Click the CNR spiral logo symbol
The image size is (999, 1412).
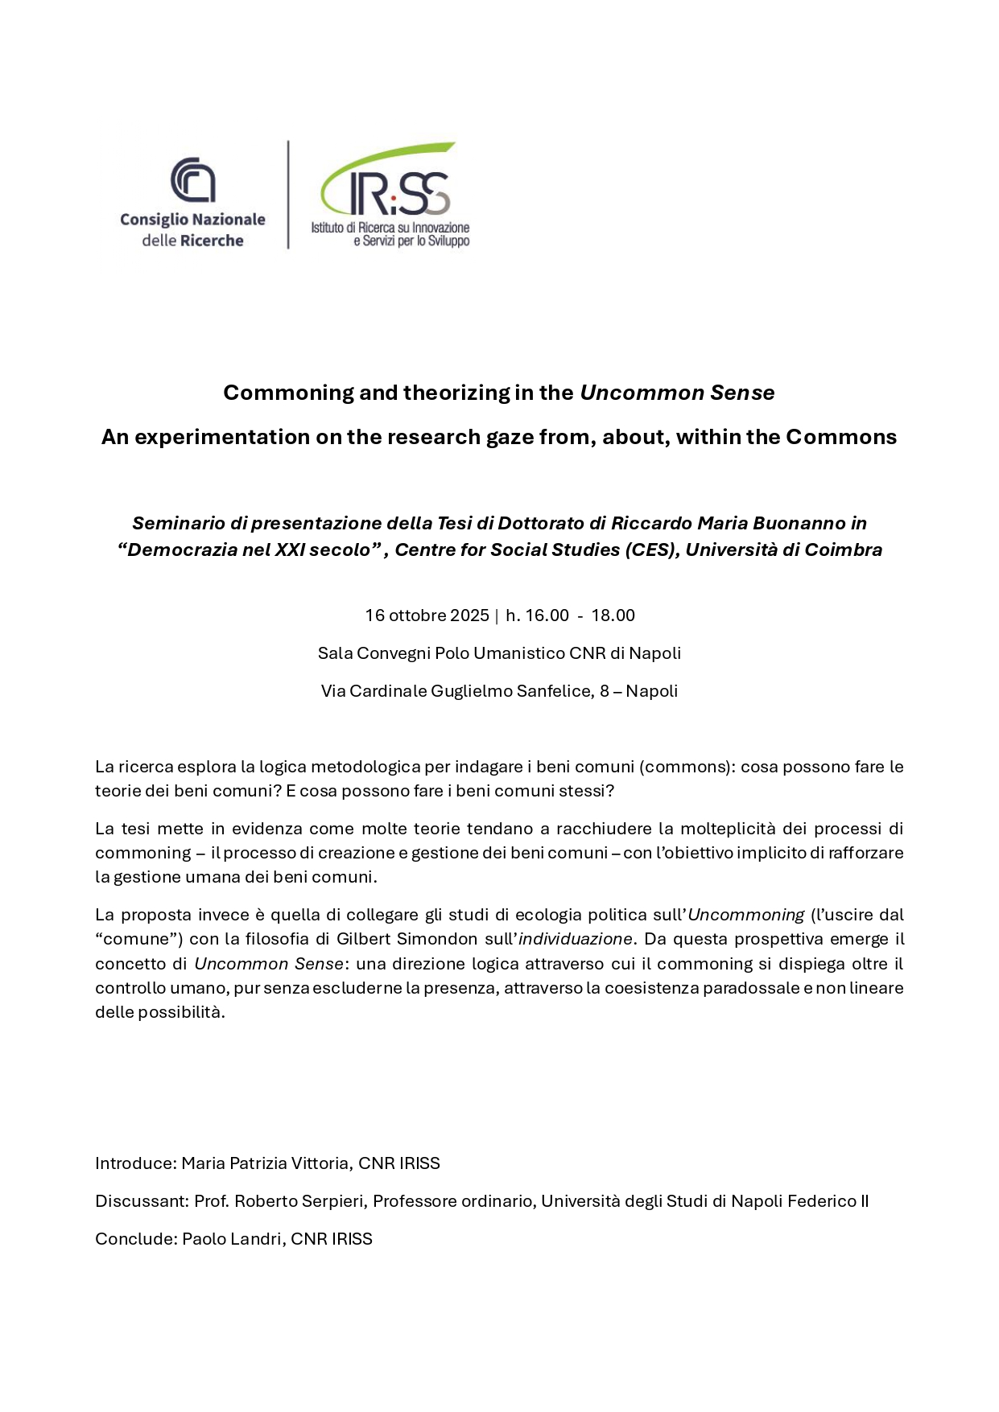[x=193, y=179]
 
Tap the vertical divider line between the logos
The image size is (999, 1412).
[x=288, y=195]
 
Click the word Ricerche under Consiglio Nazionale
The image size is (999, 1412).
[x=212, y=241]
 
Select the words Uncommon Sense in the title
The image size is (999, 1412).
[x=677, y=393]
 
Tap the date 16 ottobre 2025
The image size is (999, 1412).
[x=427, y=615]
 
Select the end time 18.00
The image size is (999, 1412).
[x=613, y=615]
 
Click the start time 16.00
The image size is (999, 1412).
[x=547, y=615]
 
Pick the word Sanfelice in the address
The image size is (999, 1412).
[x=553, y=691]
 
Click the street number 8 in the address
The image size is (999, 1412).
[x=605, y=691]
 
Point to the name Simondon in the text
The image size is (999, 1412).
[x=436, y=939]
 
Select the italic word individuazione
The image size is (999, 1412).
[x=575, y=939]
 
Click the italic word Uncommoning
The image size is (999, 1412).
[x=745, y=915]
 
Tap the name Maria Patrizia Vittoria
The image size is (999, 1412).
[x=266, y=1163]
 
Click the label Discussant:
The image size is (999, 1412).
[x=142, y=1201]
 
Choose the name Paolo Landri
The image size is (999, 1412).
[x=233, y=1239]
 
